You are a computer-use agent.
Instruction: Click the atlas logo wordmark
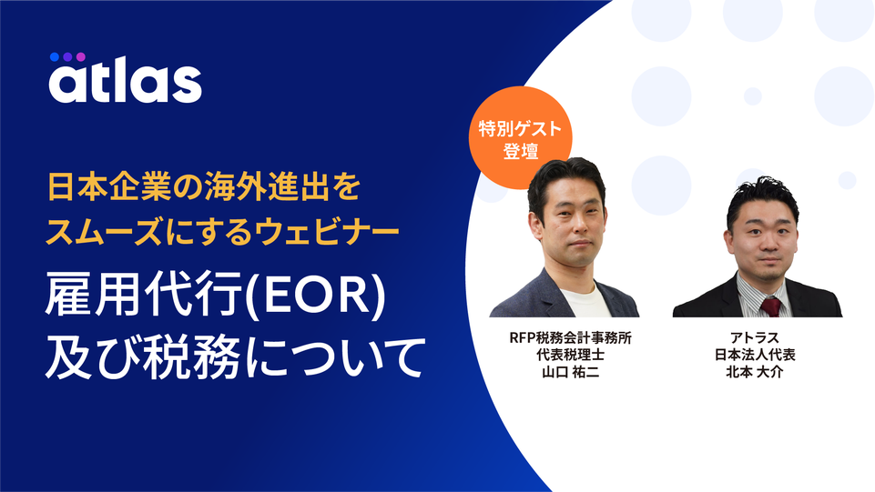pyautogui.click(x=125, y=79)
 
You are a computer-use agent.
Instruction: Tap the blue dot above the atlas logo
pyautogui.click(x=54, y=56)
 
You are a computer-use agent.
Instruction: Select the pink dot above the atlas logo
pyautogui.click(x=81, y=56)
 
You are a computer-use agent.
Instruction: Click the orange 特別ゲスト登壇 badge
pyautogui.click(x=520, y=137)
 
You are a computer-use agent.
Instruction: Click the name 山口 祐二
pyautogui.click(x=570, y=372)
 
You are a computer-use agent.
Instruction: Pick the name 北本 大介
pyautogui.click(x=755, y=372)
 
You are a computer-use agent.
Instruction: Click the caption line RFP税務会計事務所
pyautogui.click(x=570, y=337)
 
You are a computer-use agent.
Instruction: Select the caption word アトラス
pyautogui.click(x=755, y=337)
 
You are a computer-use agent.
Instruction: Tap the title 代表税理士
pyautogui.click(x=570, y=355)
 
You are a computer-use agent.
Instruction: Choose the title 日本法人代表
pyautogui.click(x=755, y=355)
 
